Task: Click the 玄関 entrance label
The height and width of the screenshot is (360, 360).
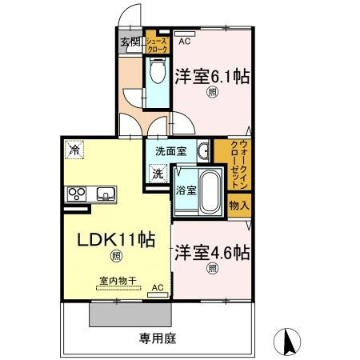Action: [x=130, y=42]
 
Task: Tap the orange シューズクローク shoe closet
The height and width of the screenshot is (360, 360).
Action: [x=157, y=44]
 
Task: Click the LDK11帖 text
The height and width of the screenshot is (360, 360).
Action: [x=116, y=238]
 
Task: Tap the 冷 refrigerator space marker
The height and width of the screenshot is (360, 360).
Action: [x=74, y=148]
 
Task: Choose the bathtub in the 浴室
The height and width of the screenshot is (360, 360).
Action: [x=210, y=190]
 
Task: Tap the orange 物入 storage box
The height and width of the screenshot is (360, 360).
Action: [x=239, y=206]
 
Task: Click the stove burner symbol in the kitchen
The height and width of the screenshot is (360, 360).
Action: [x=78, y=193]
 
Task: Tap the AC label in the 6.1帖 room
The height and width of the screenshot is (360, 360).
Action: [x=184, y=41]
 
